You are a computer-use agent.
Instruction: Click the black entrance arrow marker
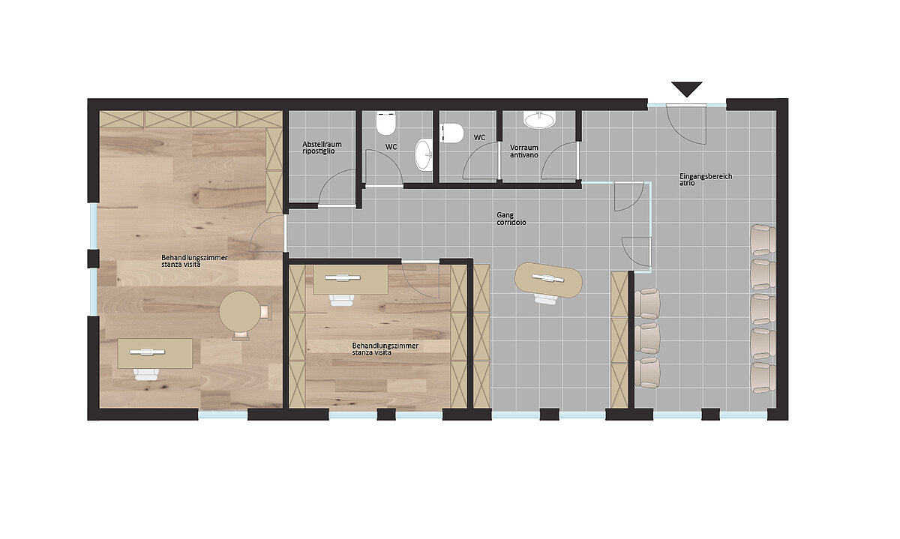(687, 88)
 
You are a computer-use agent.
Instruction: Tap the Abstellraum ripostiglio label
(322, 148)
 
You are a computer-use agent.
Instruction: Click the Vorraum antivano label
(524, 151)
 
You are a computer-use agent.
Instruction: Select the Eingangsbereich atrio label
(706, 179)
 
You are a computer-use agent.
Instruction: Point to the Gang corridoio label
(511, 219)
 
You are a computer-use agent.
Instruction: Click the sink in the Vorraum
(539, 119)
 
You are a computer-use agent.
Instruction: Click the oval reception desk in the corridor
(548, 280)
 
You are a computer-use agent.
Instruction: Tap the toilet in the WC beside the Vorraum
(452, 133)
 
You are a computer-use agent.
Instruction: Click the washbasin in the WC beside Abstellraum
(424, 154)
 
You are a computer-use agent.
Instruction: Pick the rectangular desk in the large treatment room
(155, 353)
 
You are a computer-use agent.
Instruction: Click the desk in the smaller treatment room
(350, 279)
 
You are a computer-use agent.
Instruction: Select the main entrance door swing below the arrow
(685, 124)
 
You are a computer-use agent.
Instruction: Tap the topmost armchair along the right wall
(763, 240)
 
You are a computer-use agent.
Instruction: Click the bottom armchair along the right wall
(763, 378)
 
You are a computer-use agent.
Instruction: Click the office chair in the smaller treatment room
(342, 300)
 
